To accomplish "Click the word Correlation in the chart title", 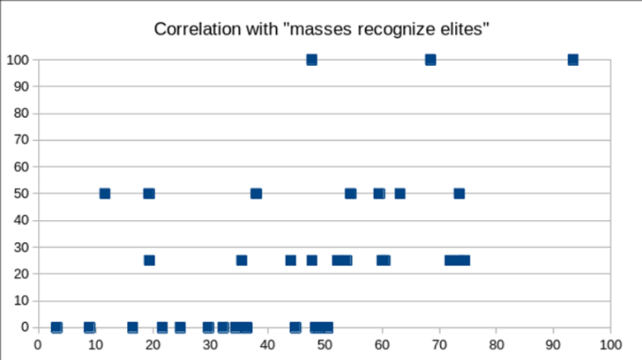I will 191,30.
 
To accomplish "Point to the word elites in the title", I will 463,30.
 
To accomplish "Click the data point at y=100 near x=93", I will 573,59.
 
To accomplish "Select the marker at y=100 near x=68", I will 430,59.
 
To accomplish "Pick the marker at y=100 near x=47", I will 312,59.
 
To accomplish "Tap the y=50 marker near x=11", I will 105,194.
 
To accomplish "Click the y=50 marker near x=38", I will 256,194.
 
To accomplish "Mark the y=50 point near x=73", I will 459,194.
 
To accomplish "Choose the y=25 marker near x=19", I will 149,260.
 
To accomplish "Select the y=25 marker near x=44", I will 290,260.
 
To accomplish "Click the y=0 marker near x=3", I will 56,327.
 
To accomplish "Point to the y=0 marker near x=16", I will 133,327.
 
